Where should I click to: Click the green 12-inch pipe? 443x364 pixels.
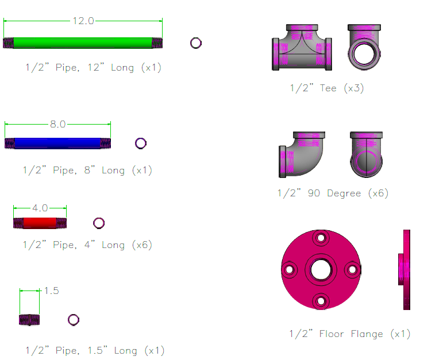tap(83, 43)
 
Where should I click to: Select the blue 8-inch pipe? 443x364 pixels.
tap(57, 143)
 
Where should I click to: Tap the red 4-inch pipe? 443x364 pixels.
tap(40, 223)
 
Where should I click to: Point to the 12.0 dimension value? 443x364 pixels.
tap(83, 21)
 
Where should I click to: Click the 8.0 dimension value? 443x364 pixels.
tap(58, 123)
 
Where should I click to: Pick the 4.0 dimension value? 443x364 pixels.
tap(40, 208)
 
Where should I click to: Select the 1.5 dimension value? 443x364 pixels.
tap(52, 291)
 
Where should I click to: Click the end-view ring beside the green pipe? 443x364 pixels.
tap(195, 42)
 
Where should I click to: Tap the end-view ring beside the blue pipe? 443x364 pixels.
tap(141, 143)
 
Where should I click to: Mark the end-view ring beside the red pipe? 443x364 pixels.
tap(99, 223)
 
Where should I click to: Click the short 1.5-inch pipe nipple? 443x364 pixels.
tap(29, 320)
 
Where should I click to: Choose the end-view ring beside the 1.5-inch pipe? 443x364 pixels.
tap(74, 320)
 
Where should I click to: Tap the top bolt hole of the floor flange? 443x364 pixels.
tap(321, 238)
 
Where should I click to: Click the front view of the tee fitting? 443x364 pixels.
tap(302, 48)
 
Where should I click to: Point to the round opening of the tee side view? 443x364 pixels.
tap(364, 55)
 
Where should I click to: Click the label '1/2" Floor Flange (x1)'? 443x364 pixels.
tap(350, 334)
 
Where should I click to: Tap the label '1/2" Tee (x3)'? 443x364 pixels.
tap(326, 88)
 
